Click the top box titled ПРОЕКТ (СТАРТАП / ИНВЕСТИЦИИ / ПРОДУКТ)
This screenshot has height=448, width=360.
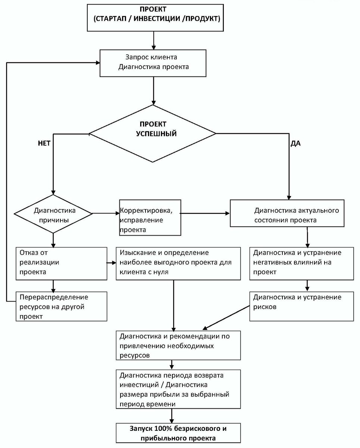click(x=155, y=18)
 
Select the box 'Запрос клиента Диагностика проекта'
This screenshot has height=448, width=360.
click(x=153, y=63)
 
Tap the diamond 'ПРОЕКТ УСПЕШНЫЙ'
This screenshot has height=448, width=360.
click(x=153, y=133)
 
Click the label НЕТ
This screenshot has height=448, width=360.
click(x=44, y=143)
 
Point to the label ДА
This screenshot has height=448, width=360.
click(x=295, y=143)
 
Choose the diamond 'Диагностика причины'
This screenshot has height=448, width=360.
click(x=53, y=214)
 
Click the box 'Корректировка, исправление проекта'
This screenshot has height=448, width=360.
click(x=150, y=218)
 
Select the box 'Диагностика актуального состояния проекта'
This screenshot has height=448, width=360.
click(x=287, y=213)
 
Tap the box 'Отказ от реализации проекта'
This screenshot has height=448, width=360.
click(x=62, y=264)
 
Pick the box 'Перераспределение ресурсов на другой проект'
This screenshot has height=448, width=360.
click(x=62, y=306)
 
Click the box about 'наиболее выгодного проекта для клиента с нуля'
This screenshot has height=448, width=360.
click(x=178, y=264)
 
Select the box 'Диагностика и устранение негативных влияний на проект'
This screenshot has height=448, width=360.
click(x=302, y=264)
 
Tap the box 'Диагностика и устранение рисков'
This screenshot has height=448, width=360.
click(x=302, y=306)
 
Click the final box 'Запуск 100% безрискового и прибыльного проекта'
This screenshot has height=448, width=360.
click(x=178, y=433)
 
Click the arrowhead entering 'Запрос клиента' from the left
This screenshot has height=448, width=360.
click(x=98, y=63)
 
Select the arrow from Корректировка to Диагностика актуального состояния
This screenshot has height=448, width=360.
click(x=205, y=214)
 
